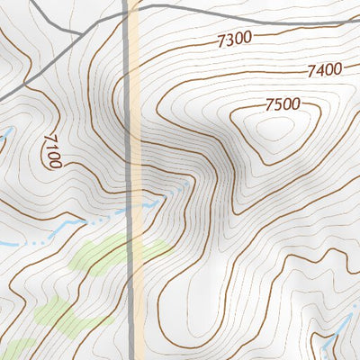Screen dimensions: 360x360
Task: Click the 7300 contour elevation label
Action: point(234,40)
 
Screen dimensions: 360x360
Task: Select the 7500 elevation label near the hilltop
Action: point(282,105)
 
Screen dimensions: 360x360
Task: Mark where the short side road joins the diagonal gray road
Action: point(83,34)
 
